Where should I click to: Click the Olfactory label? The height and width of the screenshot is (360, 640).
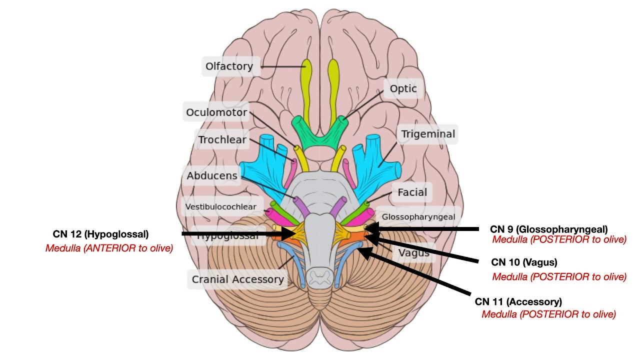coord(229,66)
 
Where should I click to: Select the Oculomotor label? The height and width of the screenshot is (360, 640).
coord(216,112)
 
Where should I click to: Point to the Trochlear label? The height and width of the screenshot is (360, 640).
coord(222,139)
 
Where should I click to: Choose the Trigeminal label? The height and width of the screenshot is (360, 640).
coord(428,134)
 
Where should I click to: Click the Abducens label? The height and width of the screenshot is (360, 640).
coord(211,176)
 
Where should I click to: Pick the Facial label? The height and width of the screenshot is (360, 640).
coord(412,192)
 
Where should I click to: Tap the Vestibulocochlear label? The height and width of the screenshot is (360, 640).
coord(220,206)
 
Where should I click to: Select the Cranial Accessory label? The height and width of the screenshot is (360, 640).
coord(238,279)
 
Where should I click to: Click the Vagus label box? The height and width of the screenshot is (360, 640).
coord(413,253)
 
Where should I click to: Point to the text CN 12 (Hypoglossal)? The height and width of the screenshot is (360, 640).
coord(100,234)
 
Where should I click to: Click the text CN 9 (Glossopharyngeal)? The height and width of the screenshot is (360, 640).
coord(548,229)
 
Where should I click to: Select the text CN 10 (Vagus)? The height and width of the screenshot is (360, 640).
coord(523,262)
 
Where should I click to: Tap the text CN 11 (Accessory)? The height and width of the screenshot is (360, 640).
coord(518,302)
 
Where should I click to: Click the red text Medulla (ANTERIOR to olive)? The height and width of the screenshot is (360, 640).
coord(109,248)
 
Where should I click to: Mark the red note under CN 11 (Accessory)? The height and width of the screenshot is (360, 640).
coord(548,314)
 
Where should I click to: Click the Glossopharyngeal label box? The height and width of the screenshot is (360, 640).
coord(418,216)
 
